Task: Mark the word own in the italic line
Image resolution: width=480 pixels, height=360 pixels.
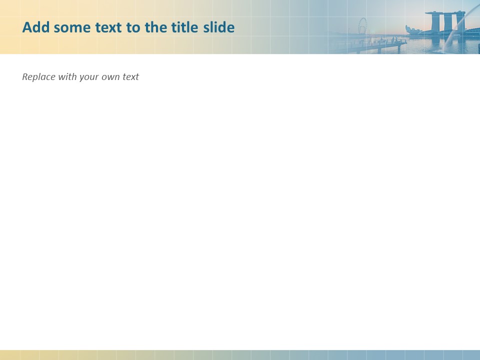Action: coord(111,77)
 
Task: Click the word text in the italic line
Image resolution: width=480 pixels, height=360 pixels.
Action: coord(131,77)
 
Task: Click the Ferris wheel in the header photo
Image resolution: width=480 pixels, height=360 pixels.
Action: coord(362,25)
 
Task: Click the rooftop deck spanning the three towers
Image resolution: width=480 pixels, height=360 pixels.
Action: coord(445,13)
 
